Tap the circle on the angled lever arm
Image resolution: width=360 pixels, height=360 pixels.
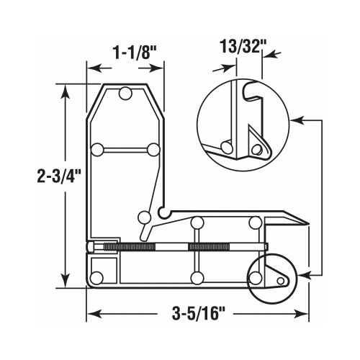[144, 217]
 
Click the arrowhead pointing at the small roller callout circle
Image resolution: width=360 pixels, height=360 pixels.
[305, 275]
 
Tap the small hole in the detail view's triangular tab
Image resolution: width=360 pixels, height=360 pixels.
[256, 149]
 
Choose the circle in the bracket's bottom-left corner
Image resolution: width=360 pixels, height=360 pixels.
[97, 277]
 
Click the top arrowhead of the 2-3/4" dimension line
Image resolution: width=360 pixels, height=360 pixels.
[66, 89]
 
